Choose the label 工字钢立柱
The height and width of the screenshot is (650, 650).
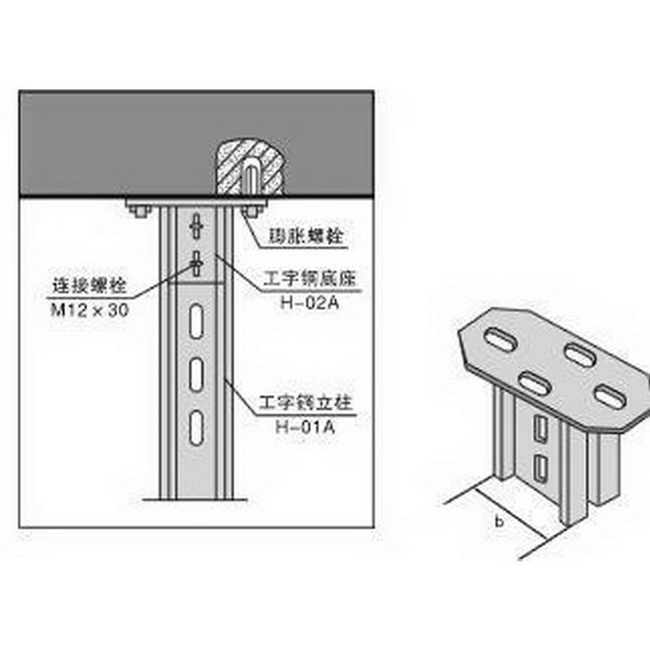(308, 401)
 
